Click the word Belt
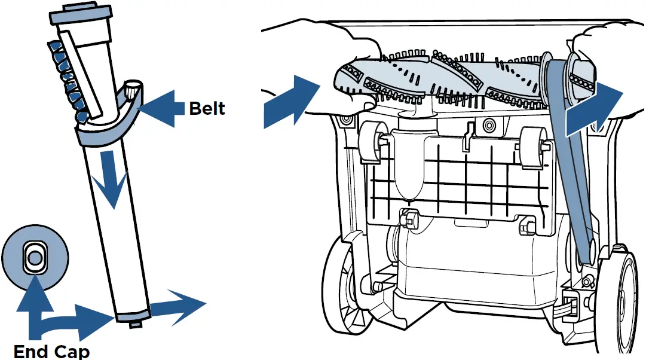pos(207,108)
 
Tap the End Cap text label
pos(51,350)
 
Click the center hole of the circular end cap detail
pos(34,258)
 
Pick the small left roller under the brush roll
pos(371,144)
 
